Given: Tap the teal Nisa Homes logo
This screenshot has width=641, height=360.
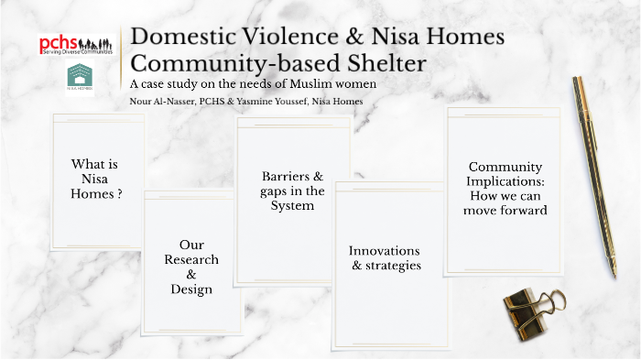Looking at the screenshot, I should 79,78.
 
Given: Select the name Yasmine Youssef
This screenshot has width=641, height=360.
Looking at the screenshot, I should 288,101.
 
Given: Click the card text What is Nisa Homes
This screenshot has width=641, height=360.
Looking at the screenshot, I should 96,179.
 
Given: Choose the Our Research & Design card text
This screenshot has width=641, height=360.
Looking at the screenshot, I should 191,267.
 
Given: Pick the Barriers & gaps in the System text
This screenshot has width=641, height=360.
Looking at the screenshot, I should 293,191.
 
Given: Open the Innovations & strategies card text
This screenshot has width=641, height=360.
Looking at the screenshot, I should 385,257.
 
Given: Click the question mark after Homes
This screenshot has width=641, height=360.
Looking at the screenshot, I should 120,194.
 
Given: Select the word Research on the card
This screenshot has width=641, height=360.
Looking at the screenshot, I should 191,260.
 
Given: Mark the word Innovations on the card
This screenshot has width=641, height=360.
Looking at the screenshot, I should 385,250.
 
